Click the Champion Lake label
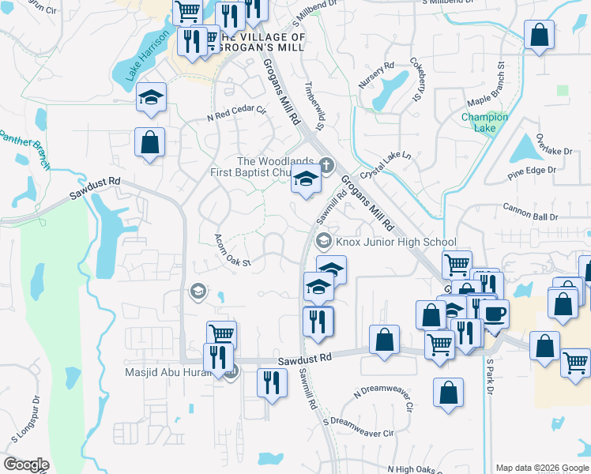[484, 122]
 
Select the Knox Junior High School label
[397, 242]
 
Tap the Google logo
[26, 465]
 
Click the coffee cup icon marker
[494, 313]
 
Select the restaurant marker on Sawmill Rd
[318, 321]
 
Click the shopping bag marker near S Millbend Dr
[539, 36]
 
